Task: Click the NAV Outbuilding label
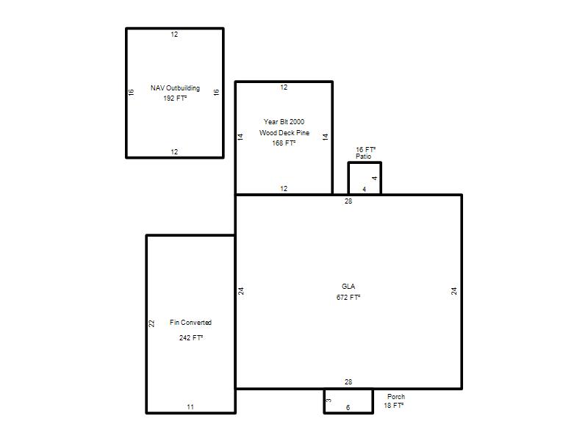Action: pos(175,88)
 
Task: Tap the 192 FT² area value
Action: pos(175,98)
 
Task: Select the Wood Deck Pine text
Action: pos(284,133)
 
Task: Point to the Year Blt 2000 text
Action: pos(284,122)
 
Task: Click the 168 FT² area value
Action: pos(284,143)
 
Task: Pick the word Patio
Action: pos(363,157)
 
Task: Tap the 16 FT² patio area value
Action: pos(365,150)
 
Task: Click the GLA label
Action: pos(348,287)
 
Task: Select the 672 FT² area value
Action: pos(348,298)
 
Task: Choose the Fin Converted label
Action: pos(190,323)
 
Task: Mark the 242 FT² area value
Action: pos(191,338)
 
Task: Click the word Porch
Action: pos(396,397)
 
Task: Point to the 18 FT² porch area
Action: pos(394,406)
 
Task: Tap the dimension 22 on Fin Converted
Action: pos(151,323)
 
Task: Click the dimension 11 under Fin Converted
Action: pos(190,407)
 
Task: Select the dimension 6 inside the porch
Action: pos(348,408)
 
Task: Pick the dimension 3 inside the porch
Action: pos(329,401)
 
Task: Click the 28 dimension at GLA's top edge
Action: pos(348,201)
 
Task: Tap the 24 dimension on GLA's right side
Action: pos(453,291)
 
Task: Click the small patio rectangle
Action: pos(348,178)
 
